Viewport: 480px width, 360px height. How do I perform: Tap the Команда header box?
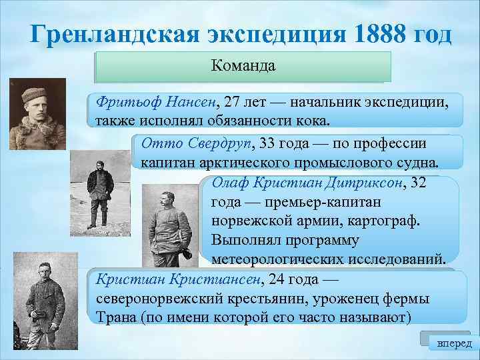[243, 67]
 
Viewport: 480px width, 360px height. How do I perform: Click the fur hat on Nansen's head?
[35, 92]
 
